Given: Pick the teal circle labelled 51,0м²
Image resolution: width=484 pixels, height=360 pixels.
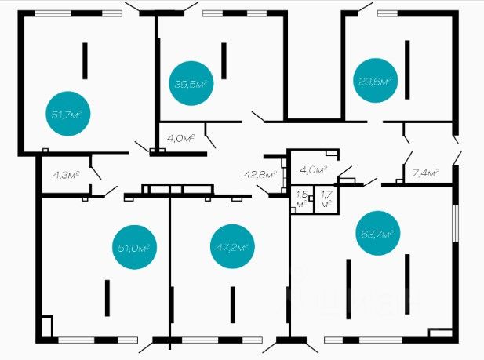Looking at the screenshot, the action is [x=136, y=248].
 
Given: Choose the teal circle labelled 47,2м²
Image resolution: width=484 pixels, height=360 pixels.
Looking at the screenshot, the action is [x=231, y=248].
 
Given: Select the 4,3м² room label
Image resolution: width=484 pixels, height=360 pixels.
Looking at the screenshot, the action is [x=65, y=173].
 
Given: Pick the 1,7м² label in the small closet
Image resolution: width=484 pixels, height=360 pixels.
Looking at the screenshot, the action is [x=326, y=198].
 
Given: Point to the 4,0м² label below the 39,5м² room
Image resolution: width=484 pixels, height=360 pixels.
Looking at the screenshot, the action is [x=180, y=138].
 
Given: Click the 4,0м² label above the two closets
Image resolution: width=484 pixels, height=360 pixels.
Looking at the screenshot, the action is [x=314, y=169].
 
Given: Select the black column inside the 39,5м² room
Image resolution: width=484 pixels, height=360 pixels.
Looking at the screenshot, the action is [x=224, y=60].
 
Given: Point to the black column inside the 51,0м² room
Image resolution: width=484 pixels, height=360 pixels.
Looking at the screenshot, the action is [x=108, y=297].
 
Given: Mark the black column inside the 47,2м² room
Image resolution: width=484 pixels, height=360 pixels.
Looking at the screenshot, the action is [x=232, y=304].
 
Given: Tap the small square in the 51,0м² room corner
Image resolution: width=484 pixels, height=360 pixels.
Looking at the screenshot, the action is [x=47, y=325].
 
